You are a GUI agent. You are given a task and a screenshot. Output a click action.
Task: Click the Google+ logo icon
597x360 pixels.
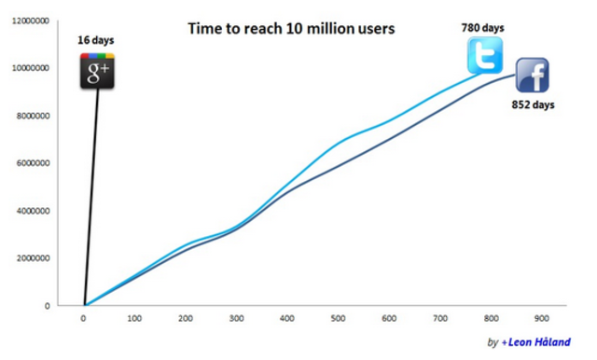(97, 72)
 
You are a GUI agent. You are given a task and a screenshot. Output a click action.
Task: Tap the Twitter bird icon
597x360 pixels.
(485, 56)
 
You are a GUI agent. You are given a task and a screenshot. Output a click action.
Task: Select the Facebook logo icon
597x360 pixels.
(532, 76)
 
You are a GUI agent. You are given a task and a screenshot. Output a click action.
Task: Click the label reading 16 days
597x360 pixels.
(97, 40)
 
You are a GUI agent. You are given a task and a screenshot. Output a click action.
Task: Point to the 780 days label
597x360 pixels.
(483, 27)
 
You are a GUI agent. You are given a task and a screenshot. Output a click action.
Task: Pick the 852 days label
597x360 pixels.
(533, 105)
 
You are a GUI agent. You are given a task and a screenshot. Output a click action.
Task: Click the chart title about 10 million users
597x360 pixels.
(291, 30)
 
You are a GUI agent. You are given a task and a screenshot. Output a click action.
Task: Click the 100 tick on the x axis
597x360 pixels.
(135, 318)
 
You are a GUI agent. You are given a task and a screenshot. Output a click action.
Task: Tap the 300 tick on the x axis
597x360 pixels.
(236, 318)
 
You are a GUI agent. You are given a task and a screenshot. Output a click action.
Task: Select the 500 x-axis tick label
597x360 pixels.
(337, 318)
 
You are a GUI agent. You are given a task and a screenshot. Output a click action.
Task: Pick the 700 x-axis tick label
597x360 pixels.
(437, 318)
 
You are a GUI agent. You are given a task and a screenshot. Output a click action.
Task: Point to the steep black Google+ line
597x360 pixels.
(90, 205)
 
